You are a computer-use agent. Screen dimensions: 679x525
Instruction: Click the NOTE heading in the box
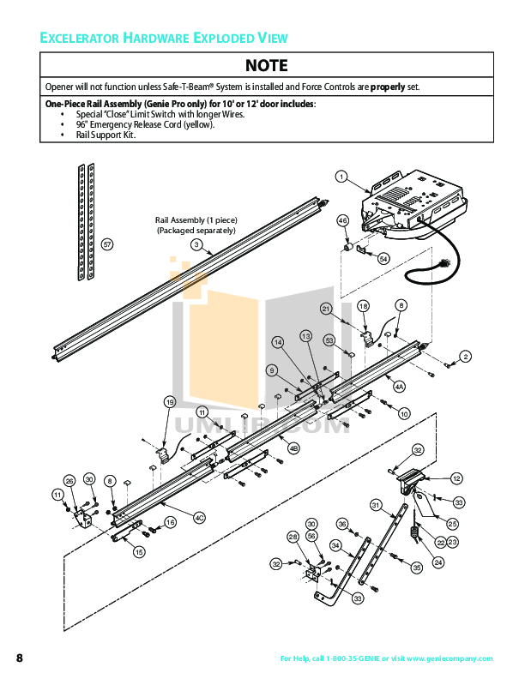(x=267, y=65)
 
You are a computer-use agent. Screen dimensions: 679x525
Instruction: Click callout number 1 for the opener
(x=341, y=177)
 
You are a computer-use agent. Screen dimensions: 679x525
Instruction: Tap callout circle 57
(x=107, y=244)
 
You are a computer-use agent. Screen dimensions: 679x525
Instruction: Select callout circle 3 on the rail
(x=196, y=244)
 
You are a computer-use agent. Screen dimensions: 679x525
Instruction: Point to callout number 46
(x=343, y=220)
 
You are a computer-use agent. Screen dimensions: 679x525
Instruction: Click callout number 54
(x=383, y=257)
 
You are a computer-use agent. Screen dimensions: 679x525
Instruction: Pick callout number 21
(x=326, y=308)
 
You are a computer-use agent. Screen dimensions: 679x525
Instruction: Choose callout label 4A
(x=399, y=387)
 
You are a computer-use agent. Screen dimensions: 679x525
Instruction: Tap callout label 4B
(x=293, y=448)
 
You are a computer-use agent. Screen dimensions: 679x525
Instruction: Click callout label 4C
(x=199, y=517)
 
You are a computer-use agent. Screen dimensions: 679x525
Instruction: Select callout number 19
(x=170, y=401)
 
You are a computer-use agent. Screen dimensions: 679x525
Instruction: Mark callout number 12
(x=456, y=478)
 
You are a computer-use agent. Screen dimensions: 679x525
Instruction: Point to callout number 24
(x=438, y=562)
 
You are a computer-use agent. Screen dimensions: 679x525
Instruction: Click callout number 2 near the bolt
(x=466, y=356)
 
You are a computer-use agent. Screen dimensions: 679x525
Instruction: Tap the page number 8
(x=19, y=658)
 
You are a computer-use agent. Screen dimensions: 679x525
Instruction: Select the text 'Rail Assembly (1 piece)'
(x=196, y=220)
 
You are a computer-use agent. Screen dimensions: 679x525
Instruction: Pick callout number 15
(x=139, y=553)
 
